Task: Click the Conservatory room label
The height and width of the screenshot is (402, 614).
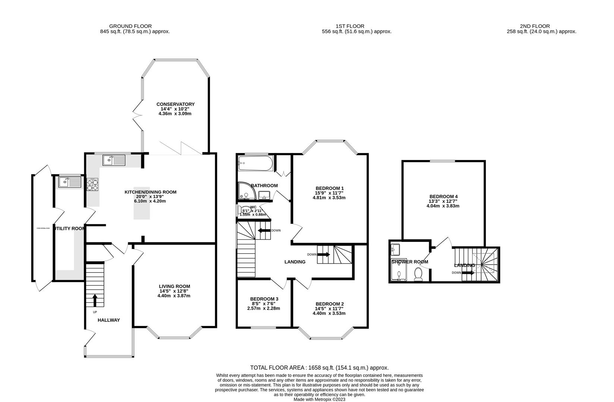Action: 175,104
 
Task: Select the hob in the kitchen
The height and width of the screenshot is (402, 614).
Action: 92,185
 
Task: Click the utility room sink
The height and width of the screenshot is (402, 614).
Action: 70,182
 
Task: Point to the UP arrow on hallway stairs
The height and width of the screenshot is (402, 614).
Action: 94,300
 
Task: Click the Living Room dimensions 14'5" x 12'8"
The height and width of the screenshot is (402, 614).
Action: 174,291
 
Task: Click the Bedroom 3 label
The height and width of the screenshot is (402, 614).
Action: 264,299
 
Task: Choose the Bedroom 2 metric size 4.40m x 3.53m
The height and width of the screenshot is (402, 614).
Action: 329,313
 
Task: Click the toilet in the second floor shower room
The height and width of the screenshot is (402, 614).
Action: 418,275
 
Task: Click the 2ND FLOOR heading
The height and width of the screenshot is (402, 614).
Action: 535,26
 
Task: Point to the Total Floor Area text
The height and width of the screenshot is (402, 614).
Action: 319,367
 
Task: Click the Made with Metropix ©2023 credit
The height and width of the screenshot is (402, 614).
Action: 319,399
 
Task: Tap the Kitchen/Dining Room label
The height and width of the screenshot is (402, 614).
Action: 150,192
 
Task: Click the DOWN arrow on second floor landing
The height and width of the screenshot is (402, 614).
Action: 468,272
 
